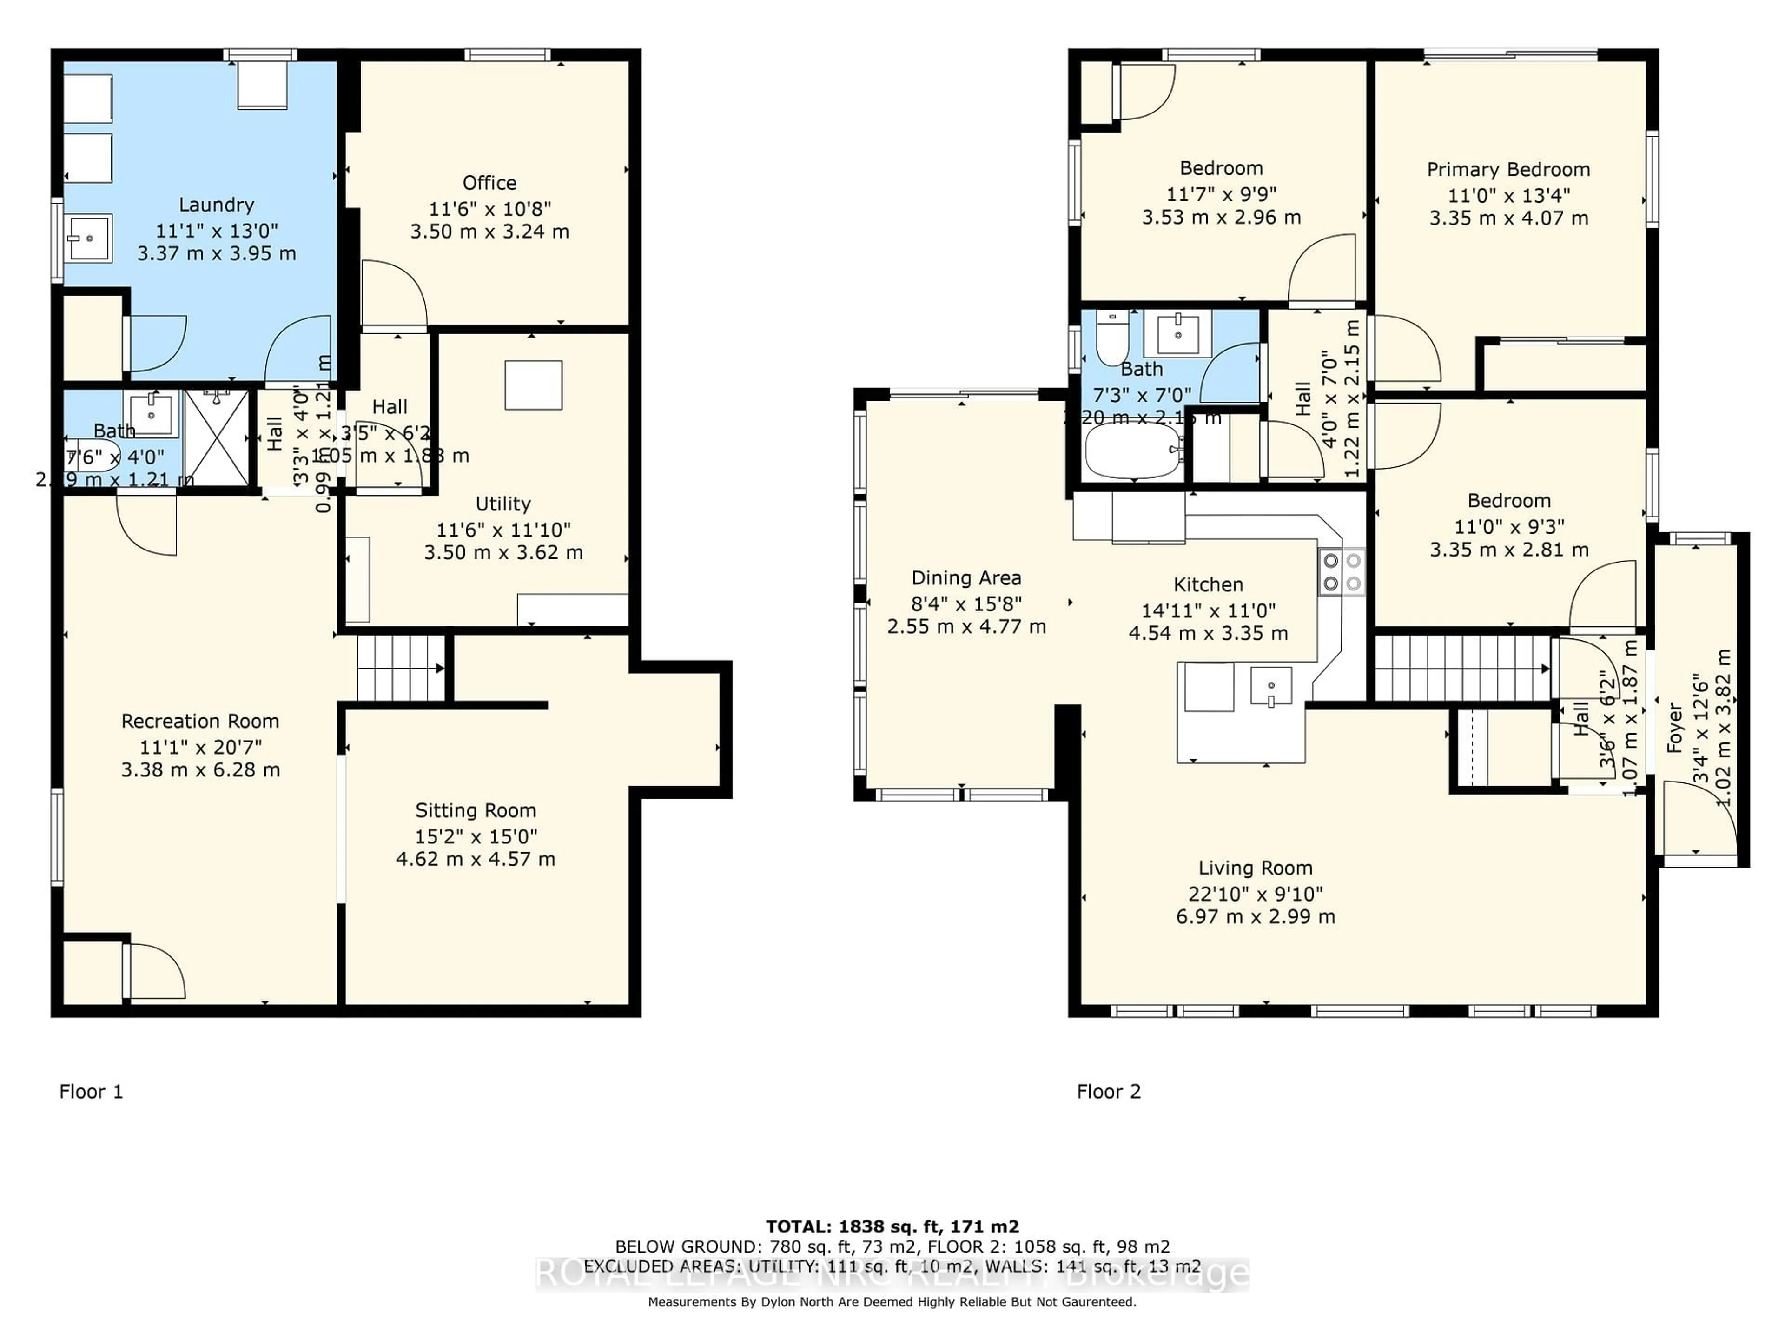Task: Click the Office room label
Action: [489, 183]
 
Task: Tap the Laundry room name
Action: [216, 205]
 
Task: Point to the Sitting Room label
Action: [475, 810]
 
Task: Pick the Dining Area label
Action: [966, 578]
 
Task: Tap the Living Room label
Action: [1255, 868]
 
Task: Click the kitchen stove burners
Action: [1341, 571]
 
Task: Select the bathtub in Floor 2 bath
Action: [1133, 451]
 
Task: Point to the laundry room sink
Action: [89, 239]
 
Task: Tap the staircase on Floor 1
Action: [400, 668]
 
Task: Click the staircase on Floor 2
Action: [1461, 668]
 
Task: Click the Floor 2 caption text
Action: [1109, 1092]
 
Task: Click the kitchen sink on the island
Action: [1270, 686]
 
